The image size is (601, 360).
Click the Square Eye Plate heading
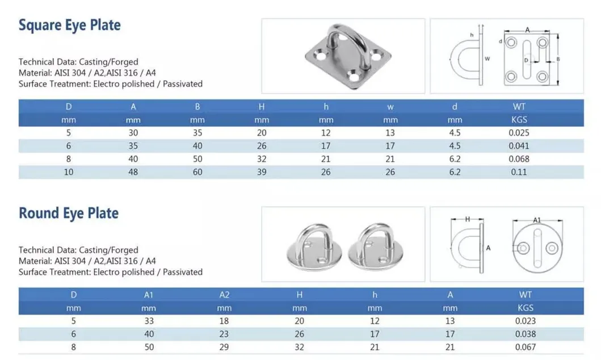69,26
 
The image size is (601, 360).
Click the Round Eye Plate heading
68,214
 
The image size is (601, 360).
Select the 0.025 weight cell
519,133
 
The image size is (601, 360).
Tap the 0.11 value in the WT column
519,172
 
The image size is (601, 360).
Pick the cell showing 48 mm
133,172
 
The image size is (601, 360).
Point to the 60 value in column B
197,172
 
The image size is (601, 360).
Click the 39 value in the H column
262,172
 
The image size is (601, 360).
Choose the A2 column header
224,295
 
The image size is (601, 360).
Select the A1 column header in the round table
149,295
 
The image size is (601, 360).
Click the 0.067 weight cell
525,347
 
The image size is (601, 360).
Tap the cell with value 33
149,321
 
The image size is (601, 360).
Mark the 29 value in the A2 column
224,347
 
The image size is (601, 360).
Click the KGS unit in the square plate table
519,120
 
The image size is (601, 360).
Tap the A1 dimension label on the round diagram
537,220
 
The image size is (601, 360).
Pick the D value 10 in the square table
68,172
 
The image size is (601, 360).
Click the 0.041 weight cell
519,146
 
